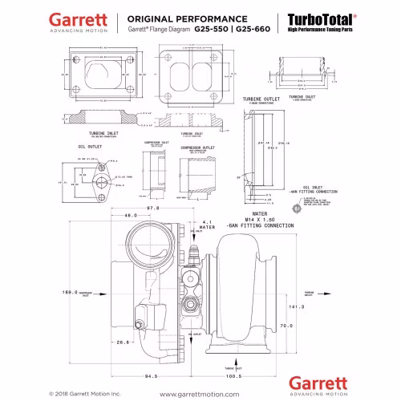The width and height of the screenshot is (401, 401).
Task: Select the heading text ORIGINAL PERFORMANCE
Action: coord(180,17)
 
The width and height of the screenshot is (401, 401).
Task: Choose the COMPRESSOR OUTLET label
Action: coord(197,148)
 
